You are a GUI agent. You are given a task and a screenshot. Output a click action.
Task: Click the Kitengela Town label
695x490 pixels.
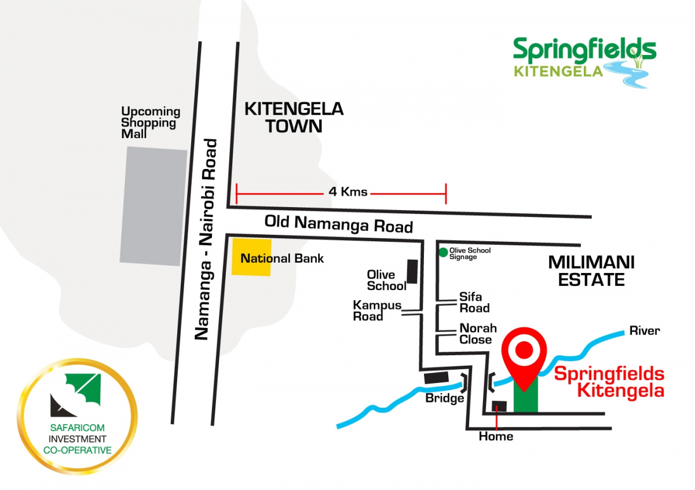click(294, 117)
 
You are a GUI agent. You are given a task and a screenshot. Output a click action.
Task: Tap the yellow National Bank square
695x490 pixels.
click(251, 256)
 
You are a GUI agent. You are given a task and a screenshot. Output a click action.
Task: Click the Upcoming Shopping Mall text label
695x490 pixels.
click(151, 122)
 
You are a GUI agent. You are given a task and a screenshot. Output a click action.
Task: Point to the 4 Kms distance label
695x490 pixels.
click(348, 192)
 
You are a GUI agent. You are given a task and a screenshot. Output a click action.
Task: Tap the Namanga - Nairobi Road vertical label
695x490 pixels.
click(206, 239)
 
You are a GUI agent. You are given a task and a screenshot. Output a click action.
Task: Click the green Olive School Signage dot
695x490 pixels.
click(443, 252)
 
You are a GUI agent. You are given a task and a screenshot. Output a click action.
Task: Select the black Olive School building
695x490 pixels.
click(412, 271)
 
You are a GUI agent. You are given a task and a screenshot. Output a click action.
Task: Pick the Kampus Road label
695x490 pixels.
click(377, 311)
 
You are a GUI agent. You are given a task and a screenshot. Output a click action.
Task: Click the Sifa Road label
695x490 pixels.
click(474, 303)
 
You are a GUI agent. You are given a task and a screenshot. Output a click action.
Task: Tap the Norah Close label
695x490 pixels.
click(475, 334)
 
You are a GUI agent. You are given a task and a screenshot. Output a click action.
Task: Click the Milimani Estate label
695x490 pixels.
click(591, 271)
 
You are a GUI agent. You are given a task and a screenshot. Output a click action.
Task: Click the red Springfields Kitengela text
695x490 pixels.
click(609, 382)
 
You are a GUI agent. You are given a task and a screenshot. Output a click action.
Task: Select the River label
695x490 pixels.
click(645, 331)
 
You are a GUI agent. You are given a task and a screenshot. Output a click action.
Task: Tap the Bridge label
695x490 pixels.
click(445, 399)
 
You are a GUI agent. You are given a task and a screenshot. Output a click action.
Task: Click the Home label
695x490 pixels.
click(496, 436)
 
